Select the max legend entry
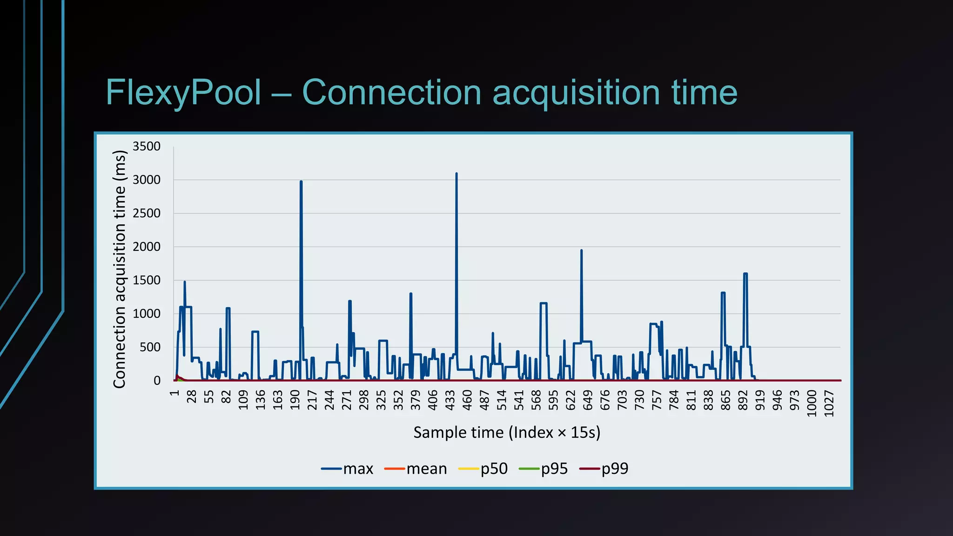[x=348, y=469]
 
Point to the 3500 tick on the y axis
[x=147, y=147]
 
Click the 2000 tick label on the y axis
[x=147, y=247]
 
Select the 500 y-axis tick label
[x=150, y=348]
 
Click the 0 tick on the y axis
[x=157, y=381]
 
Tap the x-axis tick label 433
[x=450, y=400]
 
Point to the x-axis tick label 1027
[x=829, y=403]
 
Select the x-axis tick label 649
[x=588, y=400]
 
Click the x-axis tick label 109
[x=243, y=400]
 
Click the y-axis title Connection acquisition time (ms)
[x=120, y=269]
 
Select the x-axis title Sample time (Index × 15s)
[x=507, y=433]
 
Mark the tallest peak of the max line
[x=456, y=174]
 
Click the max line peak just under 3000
[x=301, y=181]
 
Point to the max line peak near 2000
[x=581, y=250]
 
